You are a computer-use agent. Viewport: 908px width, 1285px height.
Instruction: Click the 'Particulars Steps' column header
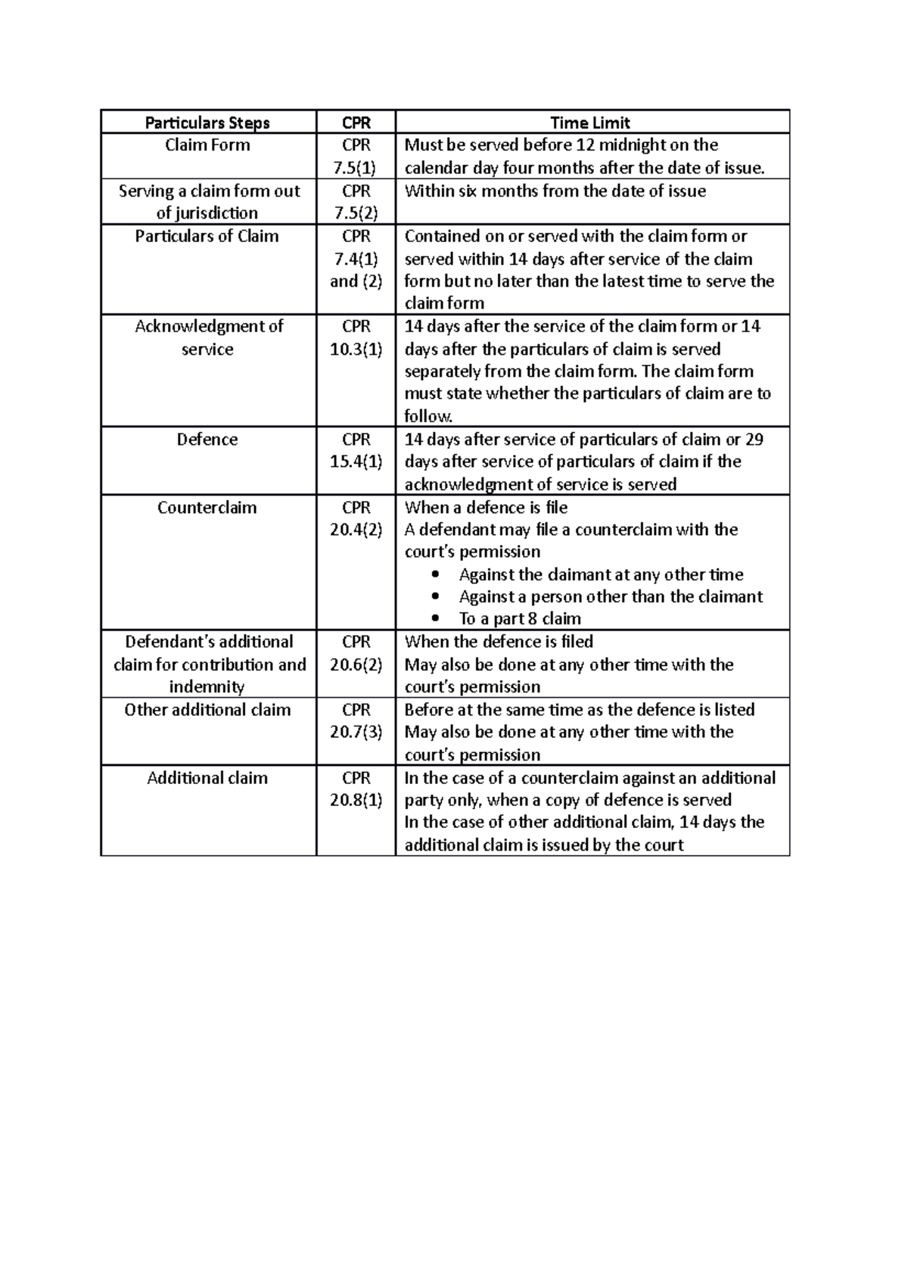(x=207, y=123)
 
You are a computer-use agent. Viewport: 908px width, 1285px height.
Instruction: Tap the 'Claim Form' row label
(x=207, y=145)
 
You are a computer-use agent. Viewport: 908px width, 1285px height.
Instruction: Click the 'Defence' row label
(x=207, y=440)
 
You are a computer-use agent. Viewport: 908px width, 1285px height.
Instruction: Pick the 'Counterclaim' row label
(x=207, y=507)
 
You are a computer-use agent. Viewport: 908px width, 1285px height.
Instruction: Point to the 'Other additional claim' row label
(x=207, y=710)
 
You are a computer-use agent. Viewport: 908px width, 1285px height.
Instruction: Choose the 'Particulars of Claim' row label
(x=207, y=236)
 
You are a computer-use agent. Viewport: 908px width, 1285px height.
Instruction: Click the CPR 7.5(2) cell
(x=356, y=201)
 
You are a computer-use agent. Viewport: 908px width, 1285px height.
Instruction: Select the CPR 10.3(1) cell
(x=356, y=338)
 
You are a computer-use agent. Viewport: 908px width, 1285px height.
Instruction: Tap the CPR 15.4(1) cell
(x=356, y=450)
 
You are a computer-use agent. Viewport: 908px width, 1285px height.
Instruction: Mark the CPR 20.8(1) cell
(x=356, y=789)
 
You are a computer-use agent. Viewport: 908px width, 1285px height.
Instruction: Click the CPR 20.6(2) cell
(x=356, y=653)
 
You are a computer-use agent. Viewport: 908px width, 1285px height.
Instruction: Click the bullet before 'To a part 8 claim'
(x=434, y=619)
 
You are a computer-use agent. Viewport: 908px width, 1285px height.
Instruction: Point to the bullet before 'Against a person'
(x=434, y=597)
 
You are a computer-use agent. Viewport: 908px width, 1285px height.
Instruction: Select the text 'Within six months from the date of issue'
(x=555, y=191)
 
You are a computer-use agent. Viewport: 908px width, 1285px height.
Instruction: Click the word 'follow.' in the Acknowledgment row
(x=428, y=416)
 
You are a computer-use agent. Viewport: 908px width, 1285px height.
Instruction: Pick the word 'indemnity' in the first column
(x=207, y=687)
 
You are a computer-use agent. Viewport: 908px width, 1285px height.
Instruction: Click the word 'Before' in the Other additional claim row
(x=429, y=710)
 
